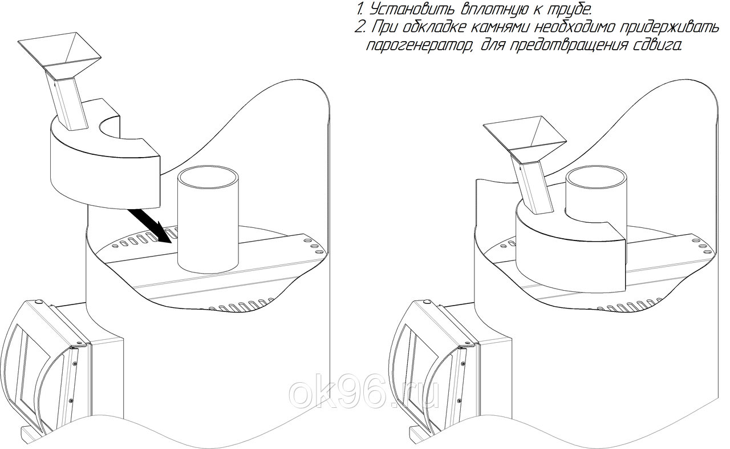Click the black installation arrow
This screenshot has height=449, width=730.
[x=149, y=226]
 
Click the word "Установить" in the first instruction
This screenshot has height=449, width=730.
[x=409, y=10]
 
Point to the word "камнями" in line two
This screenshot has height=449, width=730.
[x=499, y=28]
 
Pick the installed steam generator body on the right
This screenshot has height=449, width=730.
[x=571, y=251]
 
